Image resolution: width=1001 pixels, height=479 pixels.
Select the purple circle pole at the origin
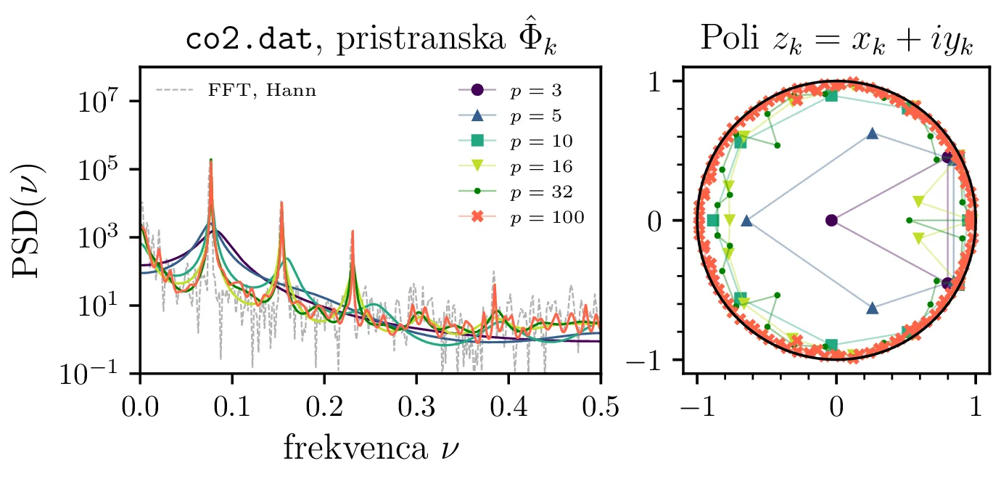click(x=831, y=220)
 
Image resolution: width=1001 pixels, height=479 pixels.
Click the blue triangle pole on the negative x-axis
click(x=746, y=221)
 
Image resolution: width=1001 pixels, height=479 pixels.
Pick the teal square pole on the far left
click(x=713, y=220)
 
